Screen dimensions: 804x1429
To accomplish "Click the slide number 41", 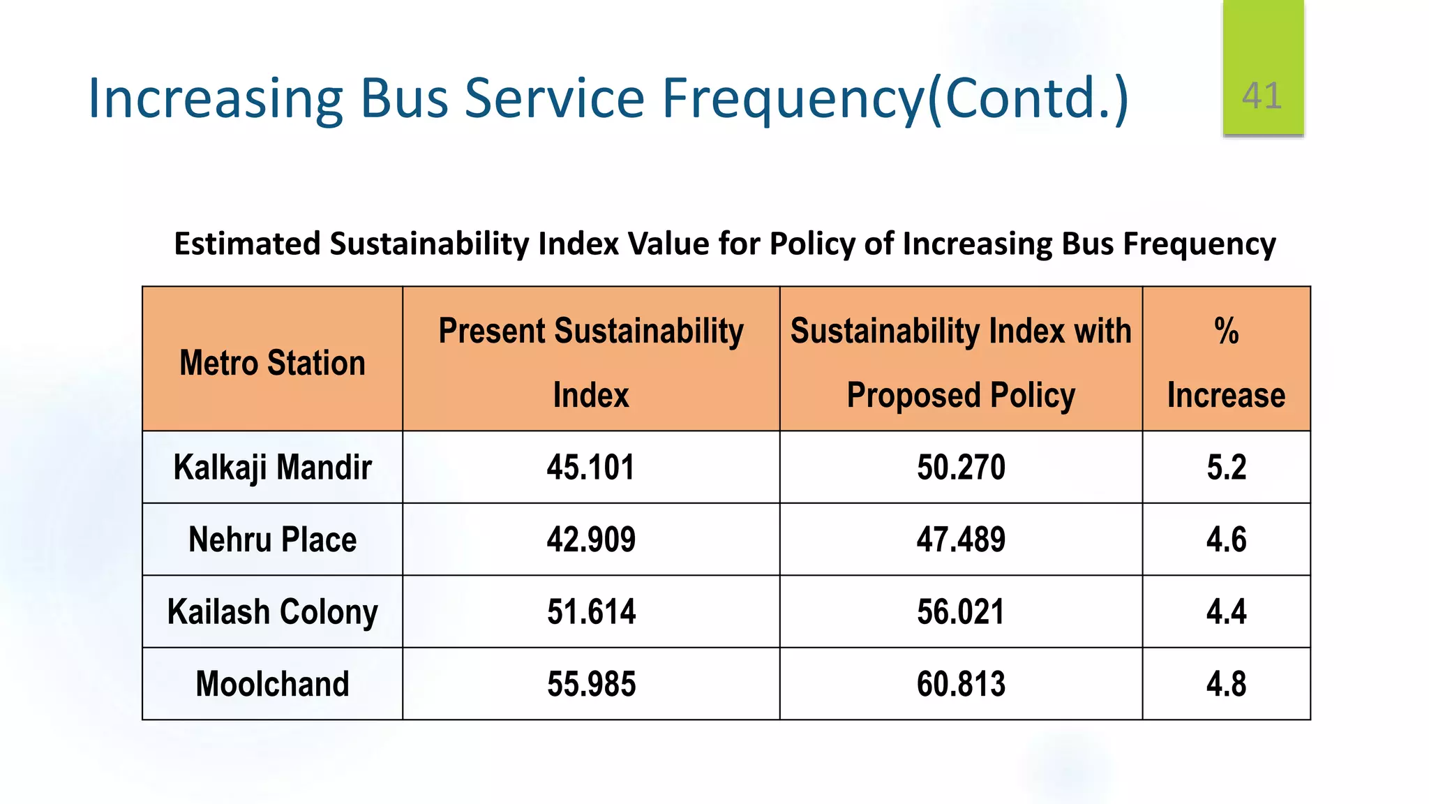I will tap(1262, 96).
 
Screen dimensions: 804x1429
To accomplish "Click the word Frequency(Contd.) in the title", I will tap(895, 98).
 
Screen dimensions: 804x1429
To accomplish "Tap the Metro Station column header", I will tap(272, 363).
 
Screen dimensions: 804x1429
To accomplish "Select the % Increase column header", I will tap(1226, 363).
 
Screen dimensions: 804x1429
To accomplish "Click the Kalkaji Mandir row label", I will tap(272, 467).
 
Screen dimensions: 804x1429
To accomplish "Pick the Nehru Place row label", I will tap(272, 539).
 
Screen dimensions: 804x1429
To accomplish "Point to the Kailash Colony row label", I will tap(272, 611).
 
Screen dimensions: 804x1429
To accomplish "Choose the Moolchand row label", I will tap(272, 683).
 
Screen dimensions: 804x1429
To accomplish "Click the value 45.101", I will tap(591, 467).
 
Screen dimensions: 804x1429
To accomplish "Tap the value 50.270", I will tap(961, 467).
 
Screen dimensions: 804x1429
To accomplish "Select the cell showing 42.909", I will tap(591, 539).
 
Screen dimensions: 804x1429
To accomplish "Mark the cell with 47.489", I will tap(961, 539).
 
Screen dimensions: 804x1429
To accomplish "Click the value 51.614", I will tap(591, 611).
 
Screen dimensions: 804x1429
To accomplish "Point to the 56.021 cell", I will tap(961, 611).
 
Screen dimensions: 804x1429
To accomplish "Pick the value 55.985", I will tap(591, 683).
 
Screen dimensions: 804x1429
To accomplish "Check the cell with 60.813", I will tap(961, 683).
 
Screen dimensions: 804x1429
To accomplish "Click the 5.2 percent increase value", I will tap(1226, 467).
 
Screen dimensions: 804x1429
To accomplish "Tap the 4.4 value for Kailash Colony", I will tap(1226, 611).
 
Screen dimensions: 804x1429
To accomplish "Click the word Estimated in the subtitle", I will tap(247, 244).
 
